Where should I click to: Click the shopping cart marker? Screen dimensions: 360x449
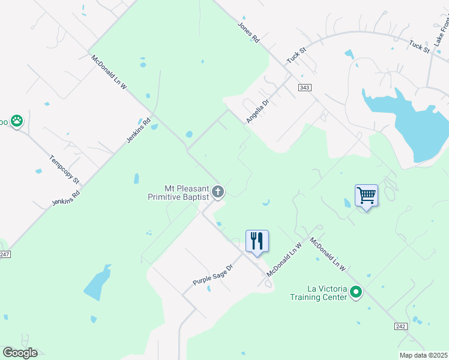click(x=366, y=195)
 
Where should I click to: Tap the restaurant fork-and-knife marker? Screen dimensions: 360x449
click(x=257, y=241)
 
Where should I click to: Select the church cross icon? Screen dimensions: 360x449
click(x=218, y=192)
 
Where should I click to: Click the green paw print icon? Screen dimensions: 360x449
click(x=17, y=121)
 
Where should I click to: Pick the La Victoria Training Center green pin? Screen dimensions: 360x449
click(x=356, y=293)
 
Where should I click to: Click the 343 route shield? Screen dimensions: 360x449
click(x=305, y=88)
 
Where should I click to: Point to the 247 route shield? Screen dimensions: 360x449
click(x=4, y=254)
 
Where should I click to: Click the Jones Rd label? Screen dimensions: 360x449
click(x=248, y=32)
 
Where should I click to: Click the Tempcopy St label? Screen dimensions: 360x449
click(x=64, y=170)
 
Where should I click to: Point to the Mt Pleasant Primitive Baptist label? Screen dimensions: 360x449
click(x=178, y=192)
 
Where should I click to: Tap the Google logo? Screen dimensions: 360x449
click(x=20, y=353)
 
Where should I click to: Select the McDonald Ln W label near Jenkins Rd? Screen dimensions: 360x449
click(x=109, y=73)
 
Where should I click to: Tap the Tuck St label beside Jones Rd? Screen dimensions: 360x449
click(x=293, y=57)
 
